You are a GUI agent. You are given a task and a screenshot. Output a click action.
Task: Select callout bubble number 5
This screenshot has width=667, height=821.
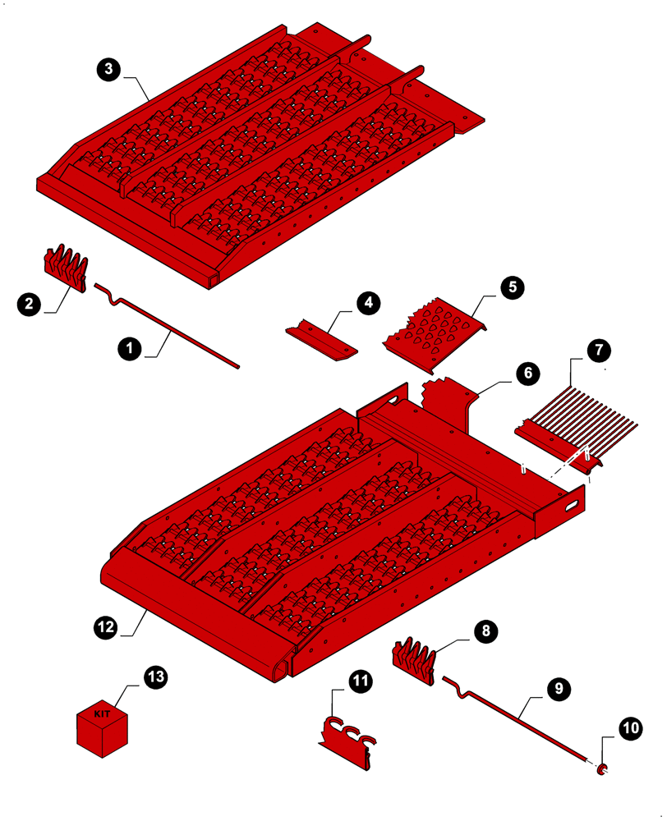click(x=511, y=287)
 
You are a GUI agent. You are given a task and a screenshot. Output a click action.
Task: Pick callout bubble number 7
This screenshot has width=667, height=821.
click(x=599, y=349)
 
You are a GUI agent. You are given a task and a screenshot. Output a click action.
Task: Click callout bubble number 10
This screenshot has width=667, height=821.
click(x=629, y=727)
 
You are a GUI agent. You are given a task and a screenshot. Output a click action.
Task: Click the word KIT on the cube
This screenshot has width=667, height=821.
click(x=102, y=714)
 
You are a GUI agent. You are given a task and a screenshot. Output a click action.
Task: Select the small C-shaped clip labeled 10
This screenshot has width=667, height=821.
click(x=602, y=768)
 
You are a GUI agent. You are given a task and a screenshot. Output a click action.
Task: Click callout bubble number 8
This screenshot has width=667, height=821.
click(x=485, y=631)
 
